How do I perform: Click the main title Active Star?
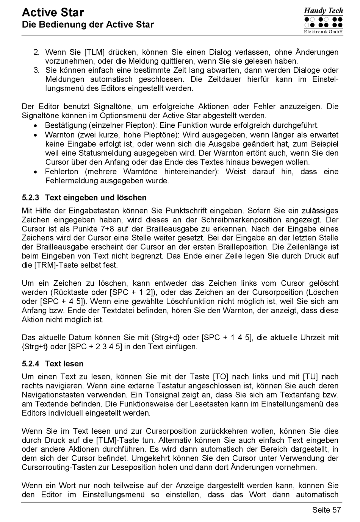click(53, 13)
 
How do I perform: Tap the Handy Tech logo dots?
click(323, 22)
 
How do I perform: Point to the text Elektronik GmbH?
click(323, 32)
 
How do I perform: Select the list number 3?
click(36, 70)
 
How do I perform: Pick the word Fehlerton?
click(61, 172)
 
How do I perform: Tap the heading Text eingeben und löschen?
click(95, 198)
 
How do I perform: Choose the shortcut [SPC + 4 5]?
click(62, 302)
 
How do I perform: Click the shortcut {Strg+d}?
click(166, 338)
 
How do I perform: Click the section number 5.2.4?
click(30, 364)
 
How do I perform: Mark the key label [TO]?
click(221, 377)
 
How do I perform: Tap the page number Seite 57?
click(326, 510)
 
